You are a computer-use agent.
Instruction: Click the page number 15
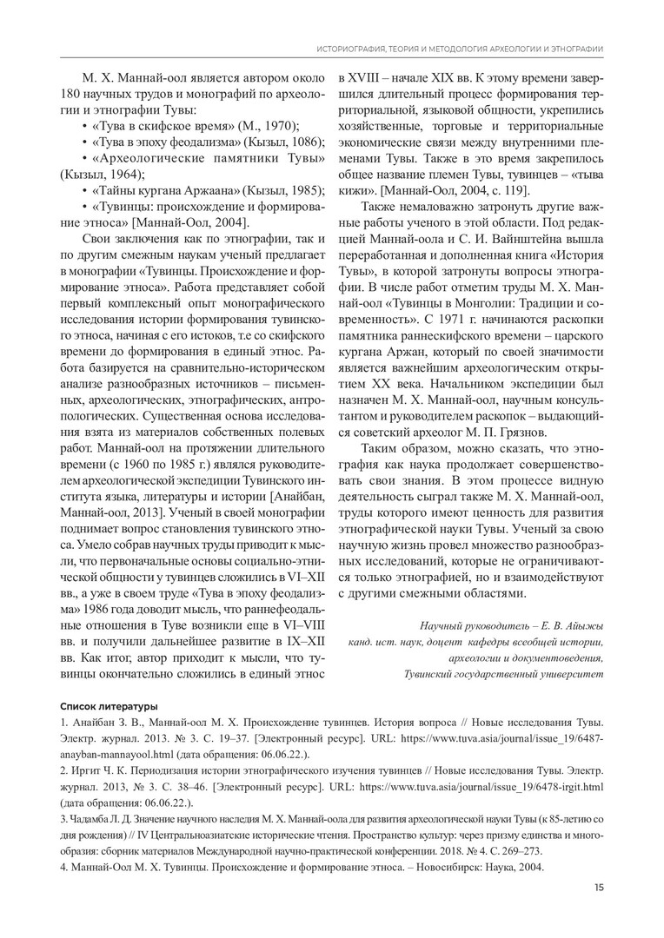(600, 887)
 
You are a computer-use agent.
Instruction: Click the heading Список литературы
(109, 704)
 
